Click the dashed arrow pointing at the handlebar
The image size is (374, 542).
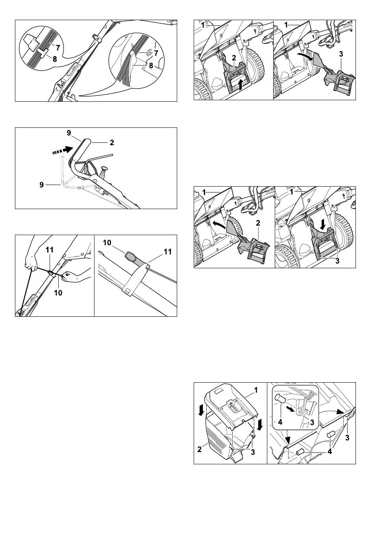(63, 151)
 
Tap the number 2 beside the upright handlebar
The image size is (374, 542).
(112, 142)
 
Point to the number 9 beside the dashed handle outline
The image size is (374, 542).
(42, 185)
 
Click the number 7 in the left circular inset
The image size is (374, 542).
(58, 48)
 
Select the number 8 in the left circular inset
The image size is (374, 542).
(55, 59)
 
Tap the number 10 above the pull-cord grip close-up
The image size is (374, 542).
(107, 243)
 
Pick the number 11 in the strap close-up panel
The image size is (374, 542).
(168, 252)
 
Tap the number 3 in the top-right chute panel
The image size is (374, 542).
(341, 54)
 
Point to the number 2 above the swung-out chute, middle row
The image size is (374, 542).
(258, 223)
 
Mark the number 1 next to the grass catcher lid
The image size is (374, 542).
(256, 390)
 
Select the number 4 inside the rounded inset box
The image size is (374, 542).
(280, 422)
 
